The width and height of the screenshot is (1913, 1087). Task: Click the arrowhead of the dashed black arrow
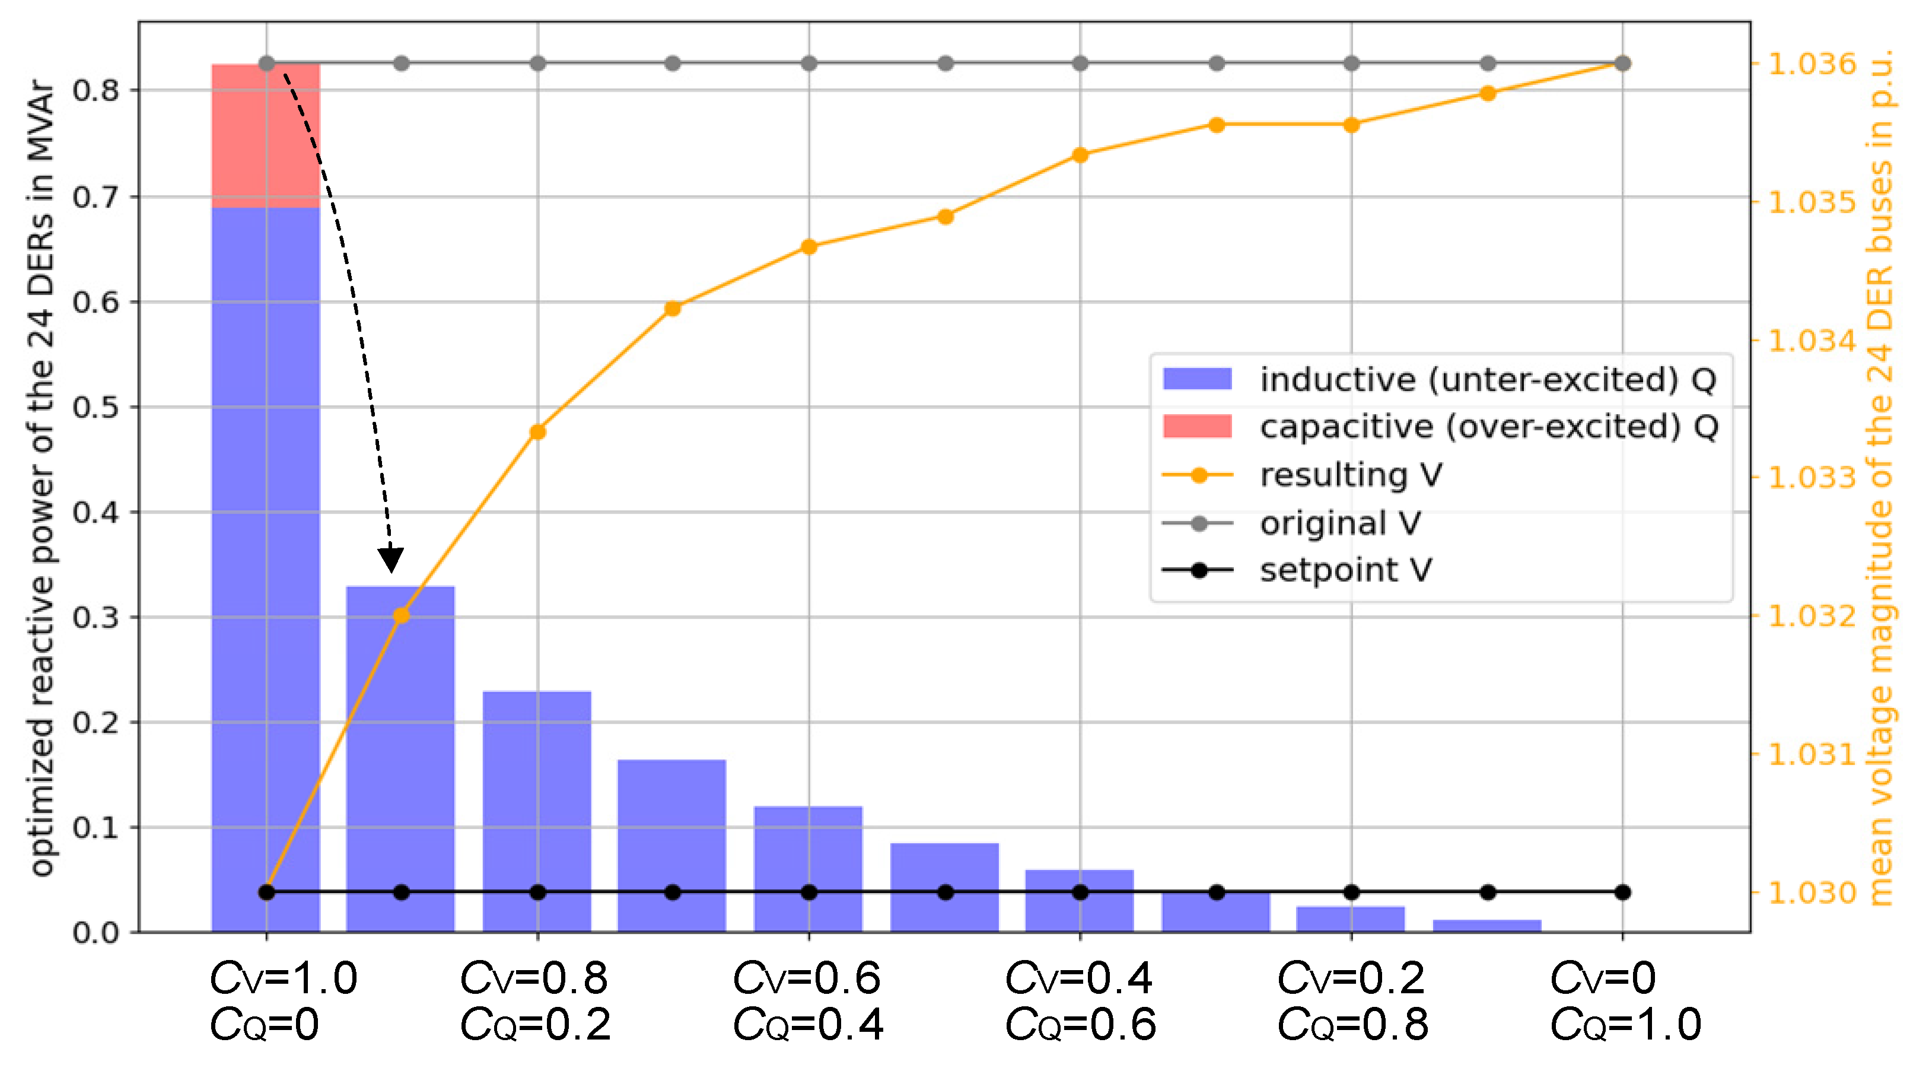[x=390, y=560]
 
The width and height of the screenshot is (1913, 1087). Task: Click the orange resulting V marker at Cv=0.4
[x=1080, y=155]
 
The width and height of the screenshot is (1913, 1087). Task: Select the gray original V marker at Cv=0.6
[x=809, y=63]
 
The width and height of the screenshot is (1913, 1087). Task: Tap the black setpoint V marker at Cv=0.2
[x=1351, y=892]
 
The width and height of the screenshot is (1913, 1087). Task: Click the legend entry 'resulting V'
[x=1351, y=475]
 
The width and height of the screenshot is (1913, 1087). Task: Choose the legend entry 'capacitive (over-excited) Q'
[x=1488, y=427]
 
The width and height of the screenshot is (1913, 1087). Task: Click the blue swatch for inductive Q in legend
[x=1196, y=379]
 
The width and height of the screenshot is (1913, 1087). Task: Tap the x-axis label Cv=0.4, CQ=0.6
[x=1080, y=1000]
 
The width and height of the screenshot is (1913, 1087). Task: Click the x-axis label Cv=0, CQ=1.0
[x=1624, y=1000]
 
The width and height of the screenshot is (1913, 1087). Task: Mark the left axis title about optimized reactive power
[x=41, y=478]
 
